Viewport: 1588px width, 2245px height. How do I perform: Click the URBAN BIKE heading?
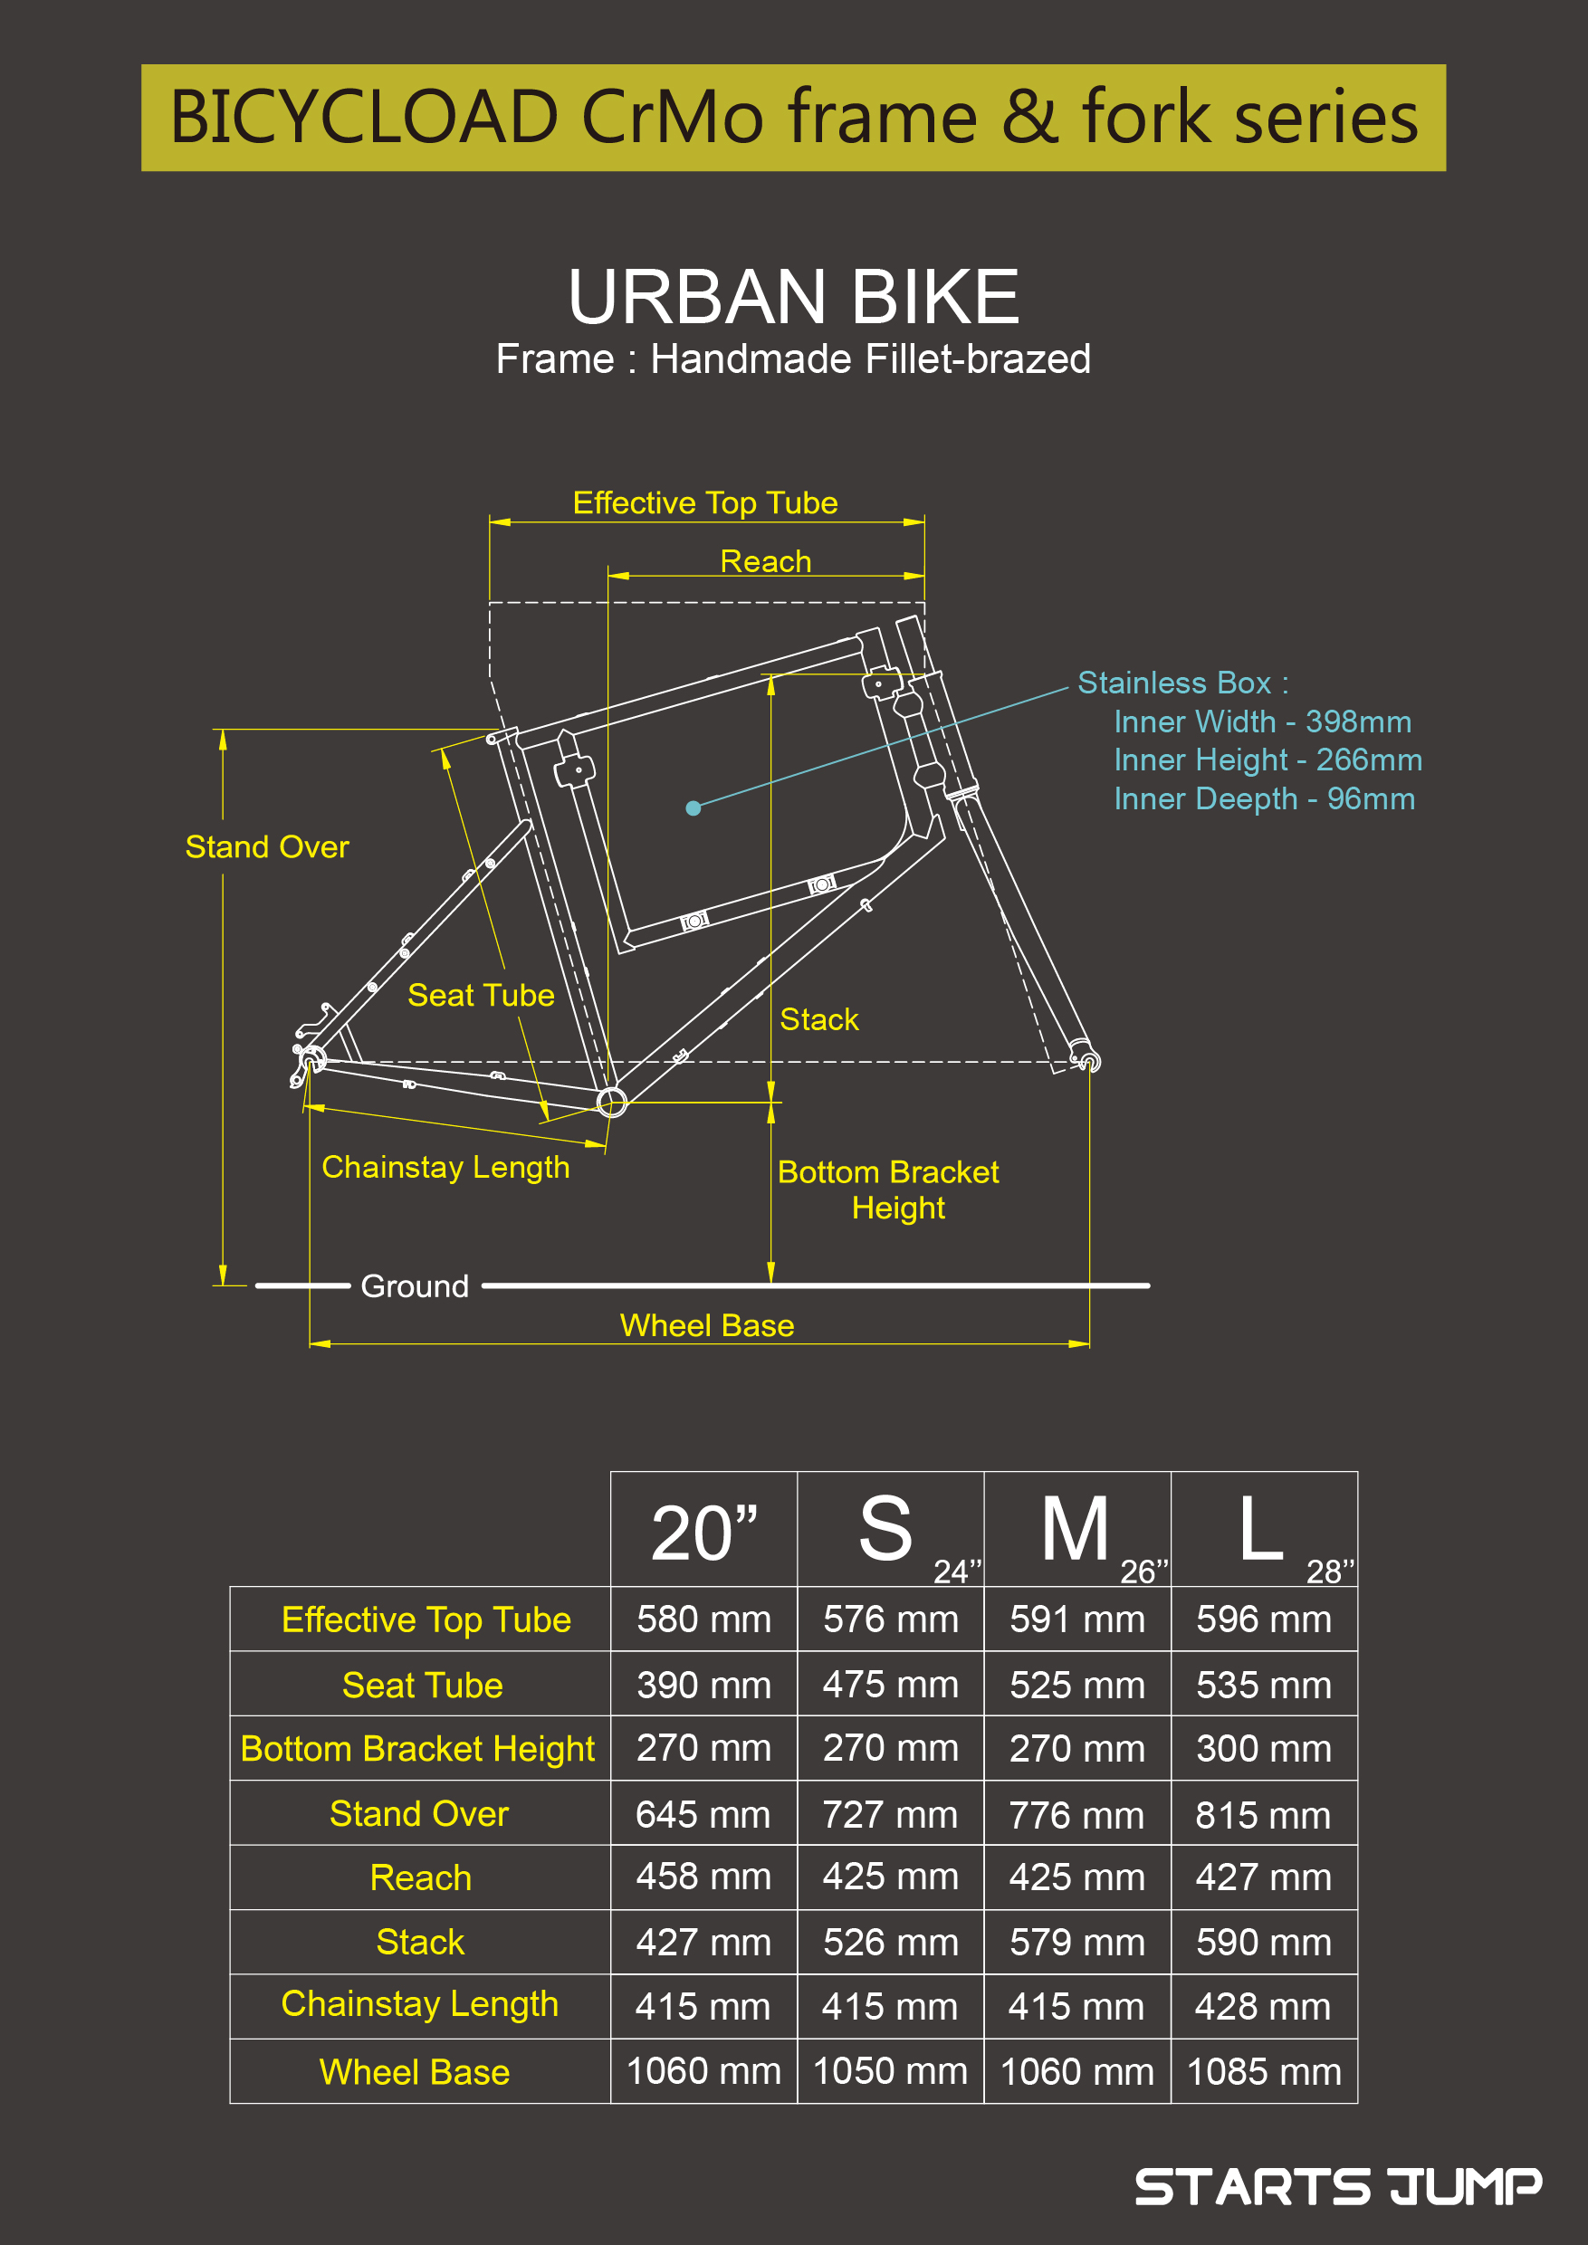point(793,296)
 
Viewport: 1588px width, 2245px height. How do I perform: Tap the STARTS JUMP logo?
point(1338,2186)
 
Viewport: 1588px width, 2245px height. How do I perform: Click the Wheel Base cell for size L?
point(1263,2071)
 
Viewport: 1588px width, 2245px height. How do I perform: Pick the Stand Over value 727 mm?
point(890,1814)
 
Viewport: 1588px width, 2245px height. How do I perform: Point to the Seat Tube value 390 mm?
point(704,1685)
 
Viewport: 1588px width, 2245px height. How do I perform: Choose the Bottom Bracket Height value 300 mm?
point(1263,1748)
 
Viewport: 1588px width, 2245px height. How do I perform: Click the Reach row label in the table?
point(420,1877)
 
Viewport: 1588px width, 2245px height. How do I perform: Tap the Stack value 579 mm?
point(1076,1942)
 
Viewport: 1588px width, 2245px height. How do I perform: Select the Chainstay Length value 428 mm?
point(1263,2006)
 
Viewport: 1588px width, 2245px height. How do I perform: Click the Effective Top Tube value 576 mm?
point(890,1619)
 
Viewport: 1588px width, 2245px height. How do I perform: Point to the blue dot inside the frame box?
point(694,807)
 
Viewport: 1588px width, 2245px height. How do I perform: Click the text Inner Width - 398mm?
point(1262,721)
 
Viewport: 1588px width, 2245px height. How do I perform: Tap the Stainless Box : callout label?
point(1183,683)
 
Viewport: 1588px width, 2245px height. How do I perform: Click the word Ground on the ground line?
point(415,1285)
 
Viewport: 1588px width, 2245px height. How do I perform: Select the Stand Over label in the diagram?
point(267,846)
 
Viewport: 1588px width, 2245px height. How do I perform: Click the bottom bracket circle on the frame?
point(612,1102)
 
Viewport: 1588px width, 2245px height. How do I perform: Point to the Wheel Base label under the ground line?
point(707,1325)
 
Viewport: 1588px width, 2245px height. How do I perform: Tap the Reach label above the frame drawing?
point(766,561)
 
